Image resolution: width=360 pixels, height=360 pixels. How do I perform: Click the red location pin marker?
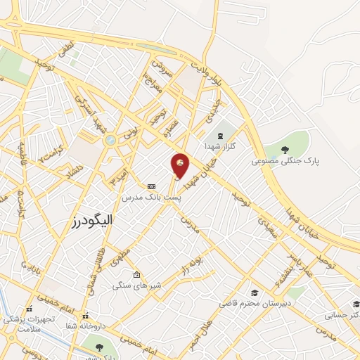(180, 165)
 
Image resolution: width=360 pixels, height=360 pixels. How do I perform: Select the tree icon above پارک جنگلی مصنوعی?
(285, 149)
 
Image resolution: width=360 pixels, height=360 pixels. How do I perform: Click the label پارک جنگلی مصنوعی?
(286, 161)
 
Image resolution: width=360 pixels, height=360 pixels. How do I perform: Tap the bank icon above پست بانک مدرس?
(151, 186)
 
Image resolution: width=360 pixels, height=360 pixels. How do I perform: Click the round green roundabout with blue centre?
(110, 141)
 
